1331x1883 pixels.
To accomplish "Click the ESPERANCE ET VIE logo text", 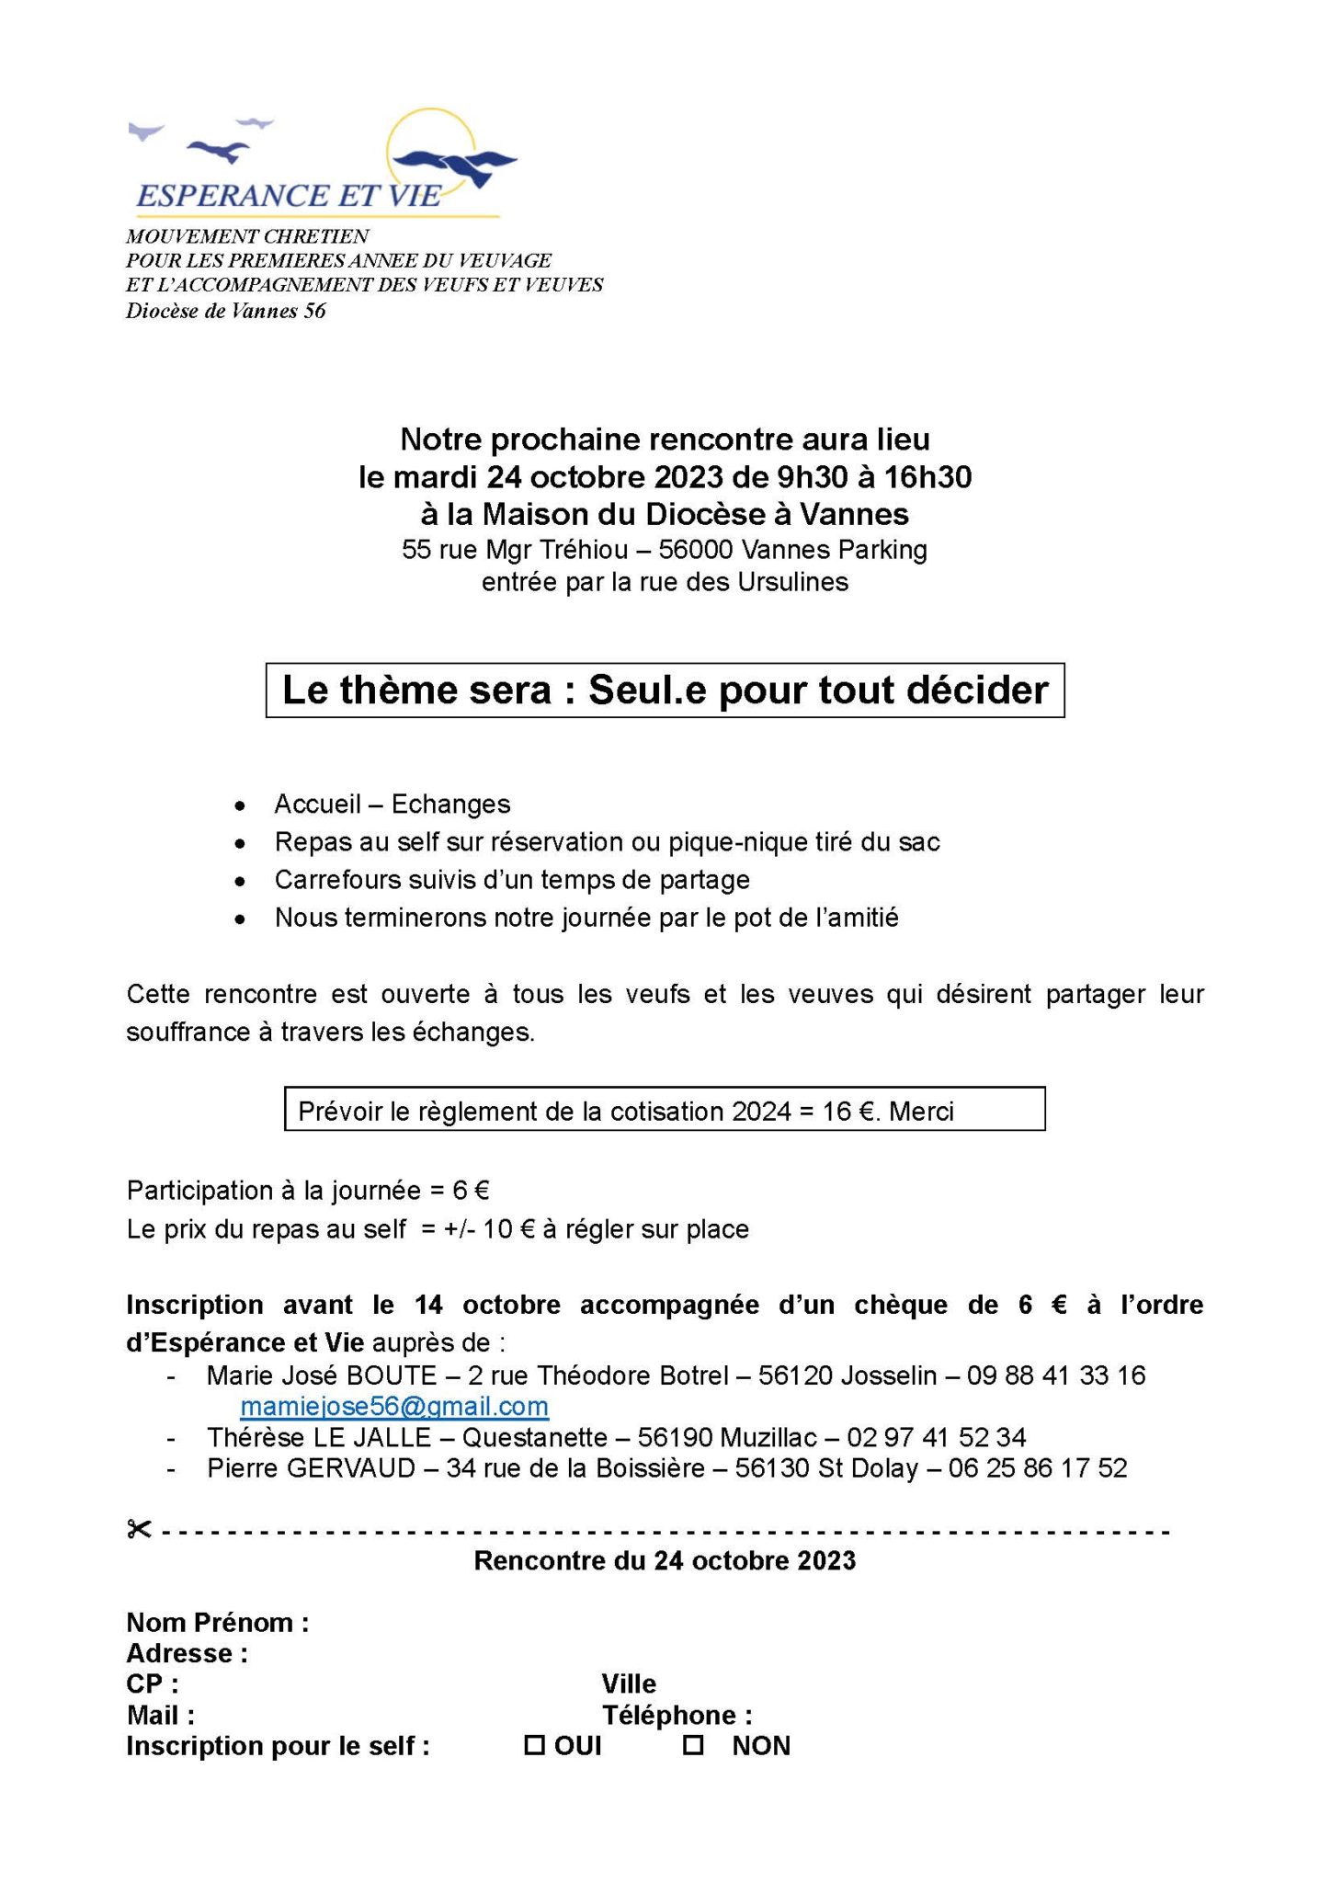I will pyautogui.click(x=288, y=195).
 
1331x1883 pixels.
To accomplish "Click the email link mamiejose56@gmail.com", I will pyautogui.click(x=394, y=1406).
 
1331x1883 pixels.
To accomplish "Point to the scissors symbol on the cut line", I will pyautogui.click(x=139, y=1530).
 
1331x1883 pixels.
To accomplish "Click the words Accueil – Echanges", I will pyautogui.click(x=392, y=804).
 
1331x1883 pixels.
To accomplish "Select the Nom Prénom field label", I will pyautogui.click(x=217, y=1622).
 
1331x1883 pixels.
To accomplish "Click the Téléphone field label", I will pyautogui.click(x=677, y=1715).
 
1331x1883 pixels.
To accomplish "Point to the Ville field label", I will pyautogui.click(x=629, y=1683).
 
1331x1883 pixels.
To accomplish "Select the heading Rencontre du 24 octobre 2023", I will pyautogui.click(x=665, y=1560).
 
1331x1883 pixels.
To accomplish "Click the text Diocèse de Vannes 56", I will pyautogui.click(x=226, y=311).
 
